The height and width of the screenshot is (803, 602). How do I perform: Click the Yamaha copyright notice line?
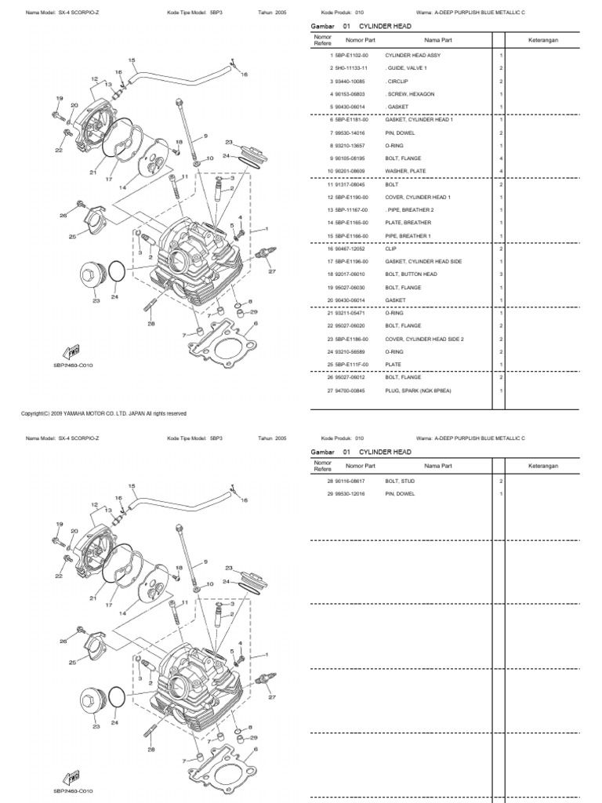tap(103, 413)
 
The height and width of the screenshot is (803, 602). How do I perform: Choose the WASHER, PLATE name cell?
tap(406, 171)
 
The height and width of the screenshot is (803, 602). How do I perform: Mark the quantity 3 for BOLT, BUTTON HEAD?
tap(500, 274)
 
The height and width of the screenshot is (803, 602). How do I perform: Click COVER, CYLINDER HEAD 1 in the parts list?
tap(418, 197)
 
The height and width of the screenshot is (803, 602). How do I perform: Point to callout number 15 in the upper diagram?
tap(131, 60)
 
